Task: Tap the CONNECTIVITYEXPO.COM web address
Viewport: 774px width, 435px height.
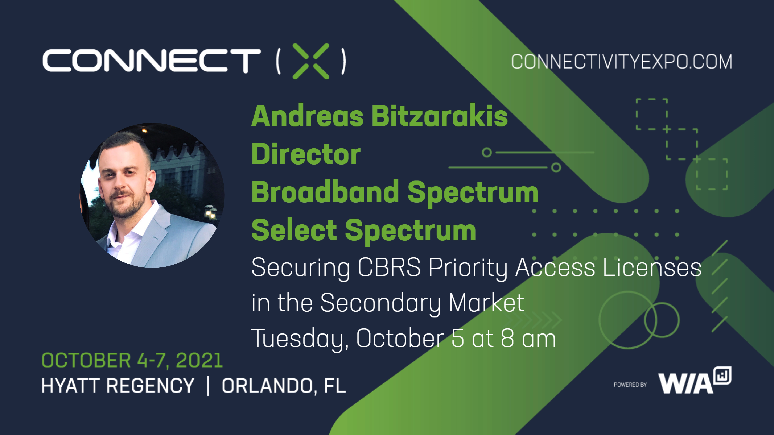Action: [621, 62]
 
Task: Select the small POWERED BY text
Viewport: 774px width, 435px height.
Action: [630, 385]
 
